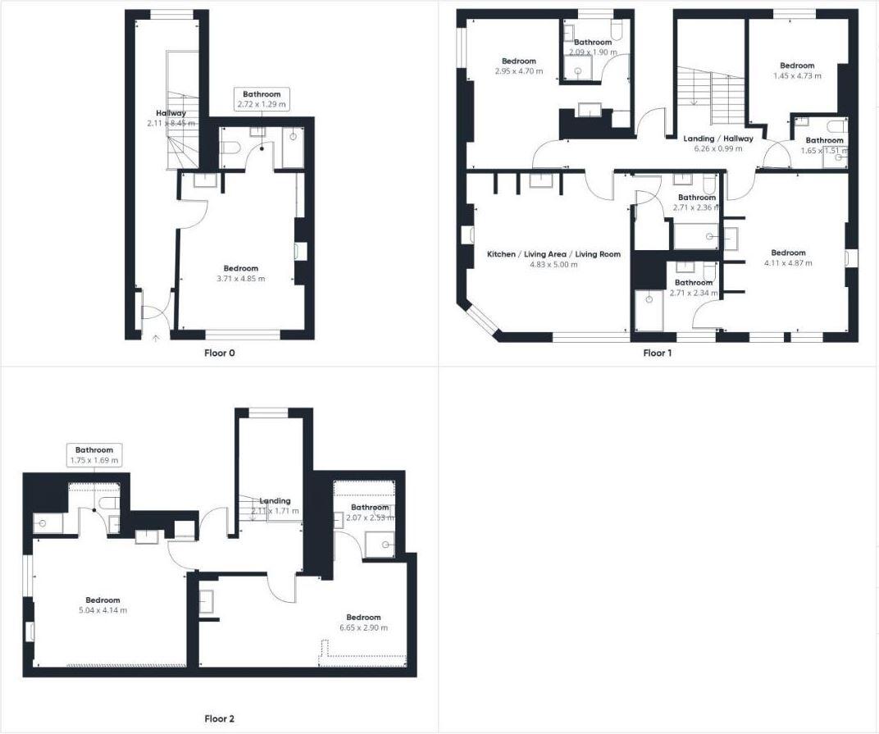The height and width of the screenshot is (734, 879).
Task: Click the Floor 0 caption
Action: pyautogui.click(x=220, y=353)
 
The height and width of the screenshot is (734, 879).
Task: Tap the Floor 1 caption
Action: pyautogui.click(x=658, y=353)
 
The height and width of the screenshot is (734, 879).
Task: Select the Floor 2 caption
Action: pyautogui.click(x=220, y=719)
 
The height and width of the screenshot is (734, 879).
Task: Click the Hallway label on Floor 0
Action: pyautogui.click(x=171, y=113)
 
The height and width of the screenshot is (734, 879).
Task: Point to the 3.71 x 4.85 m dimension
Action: pyautogui.click(x=241, y=279)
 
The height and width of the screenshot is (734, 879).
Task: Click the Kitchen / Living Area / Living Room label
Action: pyautogui.click(x=553, y=254)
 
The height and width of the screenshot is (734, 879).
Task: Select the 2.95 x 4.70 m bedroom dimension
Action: pyautogui.click(x=519, y=71)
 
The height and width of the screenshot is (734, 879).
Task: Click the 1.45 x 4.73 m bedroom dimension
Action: pyautogui.click(x=797, y=75)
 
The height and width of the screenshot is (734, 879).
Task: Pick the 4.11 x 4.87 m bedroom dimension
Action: pyautogui.click(x=788, y=263)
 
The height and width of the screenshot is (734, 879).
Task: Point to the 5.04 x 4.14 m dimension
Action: pyautogui.click(x=102, y=610)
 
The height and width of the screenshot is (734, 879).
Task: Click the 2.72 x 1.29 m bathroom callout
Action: pyautogui.click(x=262, y=104)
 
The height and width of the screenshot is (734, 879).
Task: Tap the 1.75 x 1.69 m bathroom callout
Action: pyautogui.click(x=94, y=460)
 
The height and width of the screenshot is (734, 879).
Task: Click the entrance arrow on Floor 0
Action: pyautogui.click(x=156, y=336)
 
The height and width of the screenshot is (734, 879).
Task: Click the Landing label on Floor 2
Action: pyautogui.click(x=275, y=501)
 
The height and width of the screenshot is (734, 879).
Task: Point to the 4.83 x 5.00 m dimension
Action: pyautogui.click(x=553, y=264)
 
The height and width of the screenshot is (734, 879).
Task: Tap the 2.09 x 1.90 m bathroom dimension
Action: pyautogui.click(x=592, y=52)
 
